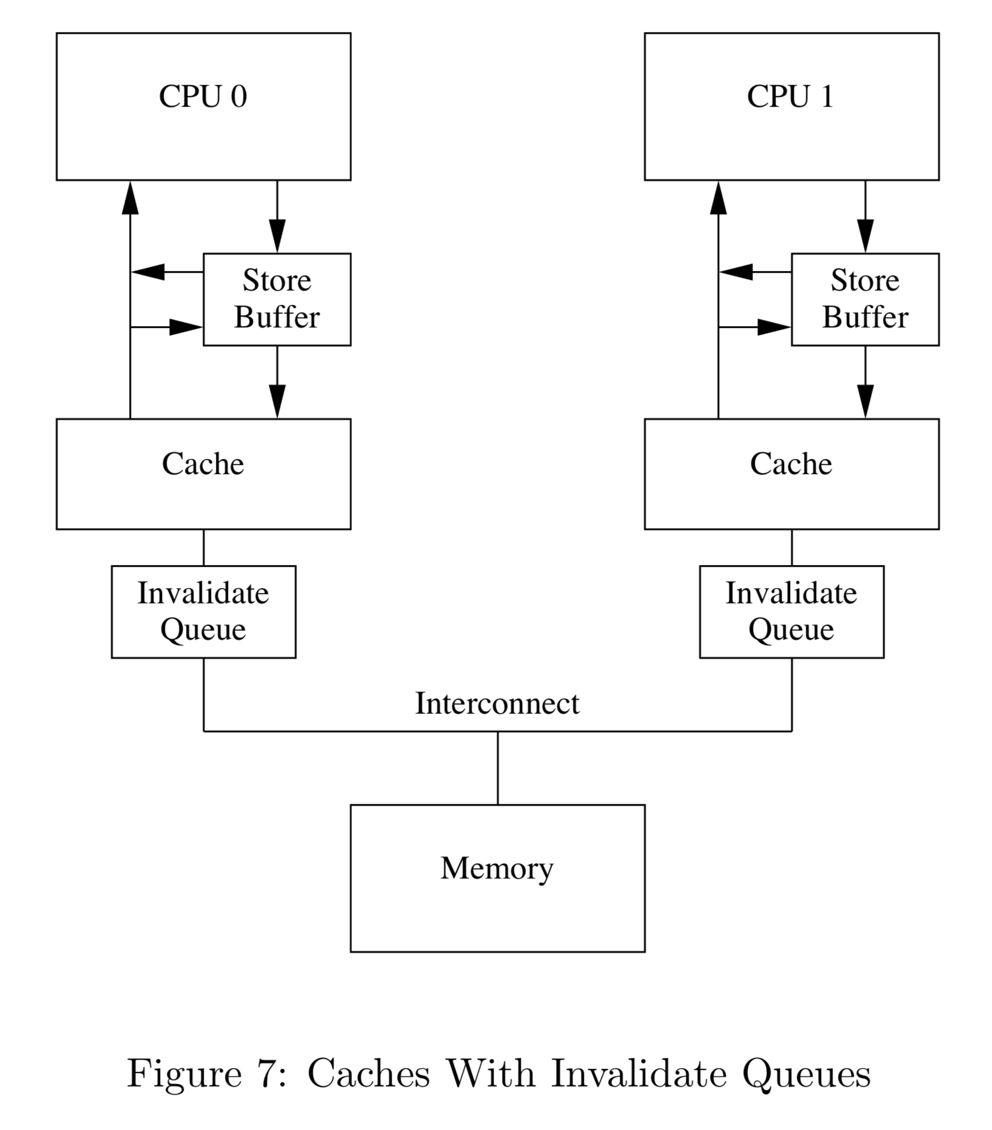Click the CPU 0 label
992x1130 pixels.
[x=203, y=97]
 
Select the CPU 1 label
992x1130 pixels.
[x=791, y=97]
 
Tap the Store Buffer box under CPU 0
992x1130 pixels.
[x=277, y=299]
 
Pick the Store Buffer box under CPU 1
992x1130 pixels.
[x=865, y=299]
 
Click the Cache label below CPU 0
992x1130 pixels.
[x=203, y=464]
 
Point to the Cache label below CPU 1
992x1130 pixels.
[x=791, y=464]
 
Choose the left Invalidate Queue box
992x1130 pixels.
[x=204, y=612]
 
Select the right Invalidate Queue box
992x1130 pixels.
[x=791, y=612]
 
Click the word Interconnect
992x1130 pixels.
[x=497, y=704]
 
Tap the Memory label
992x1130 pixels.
[x=497, y=868]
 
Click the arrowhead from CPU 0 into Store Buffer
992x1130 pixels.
[x=277, y=236]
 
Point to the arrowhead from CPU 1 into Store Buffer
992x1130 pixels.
[x=865, y=236]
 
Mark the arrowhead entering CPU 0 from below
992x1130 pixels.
[x=130, y=197]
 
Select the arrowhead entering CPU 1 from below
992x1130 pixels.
[x=719, y=197]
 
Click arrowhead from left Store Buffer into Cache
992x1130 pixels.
[x=277, y=401]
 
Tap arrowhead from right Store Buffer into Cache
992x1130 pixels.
[x=865, y=401]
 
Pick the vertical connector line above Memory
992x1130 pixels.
[x=498, y=768]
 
